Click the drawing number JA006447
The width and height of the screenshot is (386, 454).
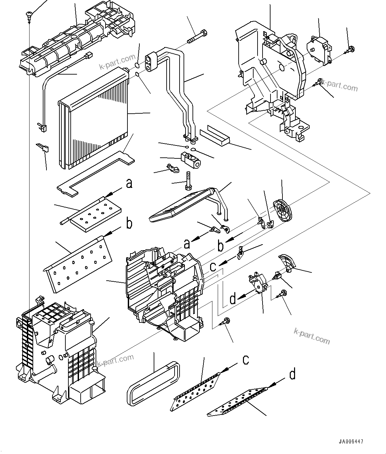coord(351,442)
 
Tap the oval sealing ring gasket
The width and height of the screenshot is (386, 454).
coord(153,383)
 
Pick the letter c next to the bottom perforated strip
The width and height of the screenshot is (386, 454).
coord(246,360)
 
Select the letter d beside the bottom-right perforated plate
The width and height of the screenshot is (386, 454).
coord(292,374)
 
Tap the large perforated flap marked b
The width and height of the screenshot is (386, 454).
coord(78,263)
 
